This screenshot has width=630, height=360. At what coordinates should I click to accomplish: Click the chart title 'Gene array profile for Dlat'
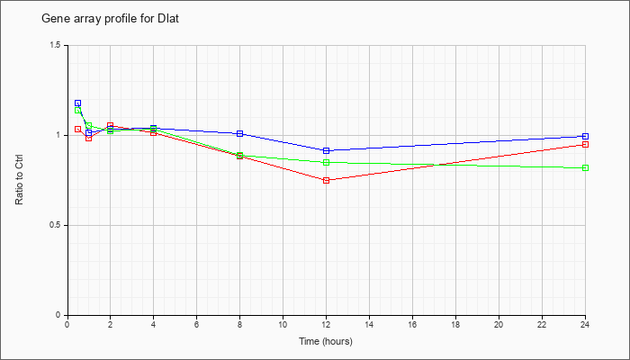click(111, 19)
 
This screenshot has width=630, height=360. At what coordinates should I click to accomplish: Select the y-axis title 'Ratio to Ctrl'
click(19, 180)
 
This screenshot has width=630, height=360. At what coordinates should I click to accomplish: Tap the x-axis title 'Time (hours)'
click(326, 341)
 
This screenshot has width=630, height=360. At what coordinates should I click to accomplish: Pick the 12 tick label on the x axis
click(326, 324)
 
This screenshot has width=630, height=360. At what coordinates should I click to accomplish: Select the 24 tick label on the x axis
click(585, 324)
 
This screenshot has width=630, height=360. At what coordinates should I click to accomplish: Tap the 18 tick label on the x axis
click(455, 324)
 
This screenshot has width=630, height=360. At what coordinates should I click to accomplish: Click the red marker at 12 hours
click(326, 180)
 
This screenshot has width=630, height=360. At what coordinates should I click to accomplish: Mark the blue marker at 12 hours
click(326, 150)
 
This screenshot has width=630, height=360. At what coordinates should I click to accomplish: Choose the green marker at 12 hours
click(326, 162)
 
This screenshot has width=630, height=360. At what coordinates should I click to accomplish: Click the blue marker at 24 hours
click(585, 136)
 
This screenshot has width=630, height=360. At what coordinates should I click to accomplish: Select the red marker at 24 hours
click(585, 144)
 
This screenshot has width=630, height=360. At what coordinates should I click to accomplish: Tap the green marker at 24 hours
click(585, 168)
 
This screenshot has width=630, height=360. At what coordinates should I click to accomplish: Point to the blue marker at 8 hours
click(240, 133)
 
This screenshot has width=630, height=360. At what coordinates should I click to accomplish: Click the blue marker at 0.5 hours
click(78, 103)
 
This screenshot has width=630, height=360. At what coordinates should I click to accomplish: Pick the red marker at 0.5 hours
click(78, 129)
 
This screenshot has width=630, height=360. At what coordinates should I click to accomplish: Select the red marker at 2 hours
click(111, 125)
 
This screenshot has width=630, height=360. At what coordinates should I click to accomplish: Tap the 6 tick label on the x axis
click(196, 324)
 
